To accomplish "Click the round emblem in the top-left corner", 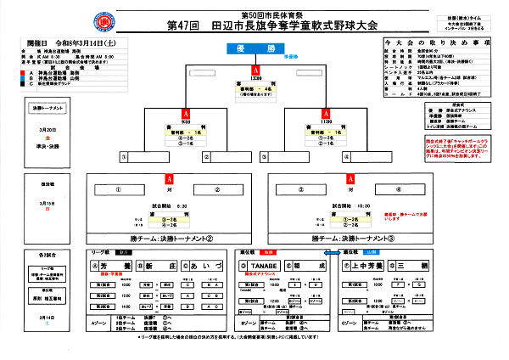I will (x=25, y=20).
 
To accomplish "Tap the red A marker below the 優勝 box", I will (x=255, y=70).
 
